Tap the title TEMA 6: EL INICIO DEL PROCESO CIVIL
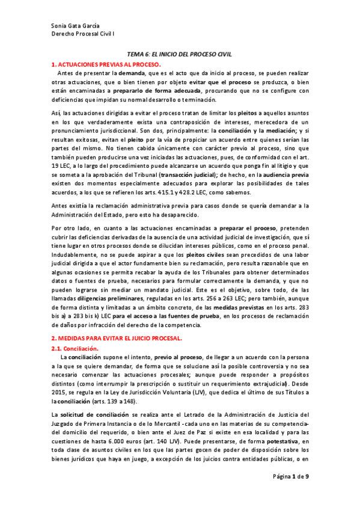pyautogui.click(x=180, y=54)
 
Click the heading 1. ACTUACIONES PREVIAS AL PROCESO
pyautogui.click(x=105, y=63)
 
